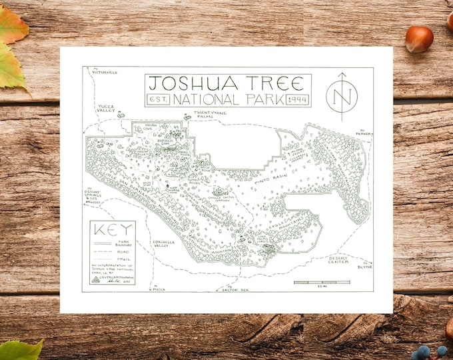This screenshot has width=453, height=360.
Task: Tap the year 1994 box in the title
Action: coord(296,99)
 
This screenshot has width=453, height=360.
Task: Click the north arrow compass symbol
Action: coord(341,96)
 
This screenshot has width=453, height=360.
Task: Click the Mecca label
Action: coord(159,289)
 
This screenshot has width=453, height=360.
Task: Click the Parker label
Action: coord(363,133)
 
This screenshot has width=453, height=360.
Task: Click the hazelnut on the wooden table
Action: coord(418,39)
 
